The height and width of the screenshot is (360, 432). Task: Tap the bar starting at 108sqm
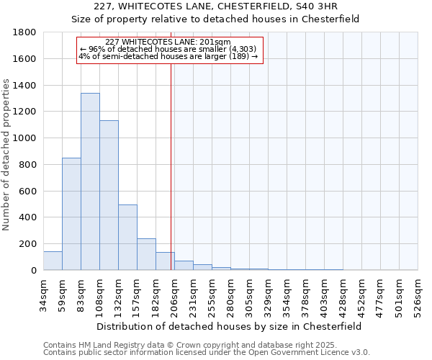point(109,195)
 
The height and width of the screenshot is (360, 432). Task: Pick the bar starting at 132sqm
point(127,238)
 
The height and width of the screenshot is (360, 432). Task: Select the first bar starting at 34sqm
point(53,261)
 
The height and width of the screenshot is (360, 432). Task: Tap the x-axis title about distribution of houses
point(230,326)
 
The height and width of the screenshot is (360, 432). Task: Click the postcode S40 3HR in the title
point(327,7)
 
